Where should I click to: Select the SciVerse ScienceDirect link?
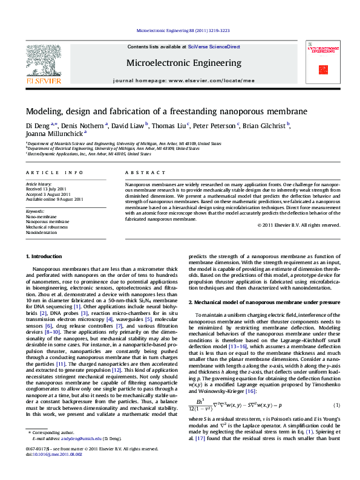pos(214,47)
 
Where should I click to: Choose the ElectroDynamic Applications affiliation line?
pos(88,154)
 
